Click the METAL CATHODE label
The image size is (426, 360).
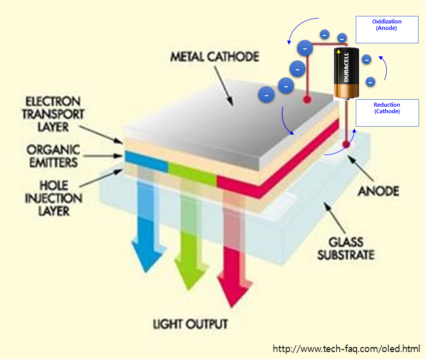point(214,56)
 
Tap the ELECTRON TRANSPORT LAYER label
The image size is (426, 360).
point(53,113)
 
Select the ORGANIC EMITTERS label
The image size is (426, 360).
point(52,156)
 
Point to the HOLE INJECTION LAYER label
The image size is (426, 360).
point(52,198)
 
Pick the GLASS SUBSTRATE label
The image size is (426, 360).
point(345,248)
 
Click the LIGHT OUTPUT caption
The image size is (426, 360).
point(190,325)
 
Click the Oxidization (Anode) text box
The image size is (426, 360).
point(387,29)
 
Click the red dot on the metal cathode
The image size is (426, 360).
point(307,100)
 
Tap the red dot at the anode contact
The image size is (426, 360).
point(345,145)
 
